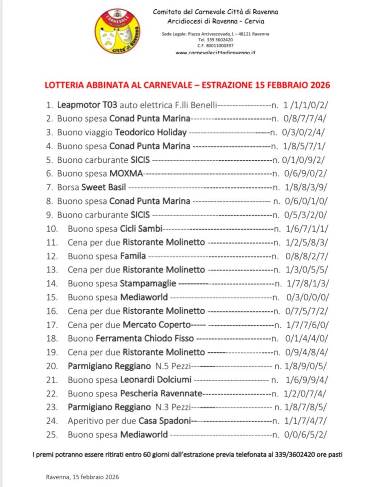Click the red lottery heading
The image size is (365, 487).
tap(187, 85)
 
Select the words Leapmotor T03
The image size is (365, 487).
tap(87, 105)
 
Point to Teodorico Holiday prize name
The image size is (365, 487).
tap(151, 132)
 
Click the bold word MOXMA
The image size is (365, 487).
tap(126, 173)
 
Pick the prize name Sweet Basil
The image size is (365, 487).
tap(104, 187)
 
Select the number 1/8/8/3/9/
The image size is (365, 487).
tap(307, 187)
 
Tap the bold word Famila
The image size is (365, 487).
tap(133, 256)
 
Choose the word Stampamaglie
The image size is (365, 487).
tap(148, 284)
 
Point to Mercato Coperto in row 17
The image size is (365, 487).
tap(157, 325)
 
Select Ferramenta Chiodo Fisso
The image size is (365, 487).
tap(145, 338)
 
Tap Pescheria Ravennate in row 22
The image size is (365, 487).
tap(161, 394)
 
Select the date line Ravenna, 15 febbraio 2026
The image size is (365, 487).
tap(82, 477)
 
